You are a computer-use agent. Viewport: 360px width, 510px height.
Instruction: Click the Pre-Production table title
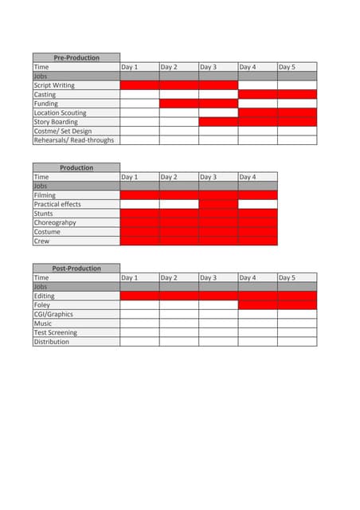click(76, 58)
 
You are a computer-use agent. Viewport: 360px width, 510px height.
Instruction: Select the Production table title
click(76, 168)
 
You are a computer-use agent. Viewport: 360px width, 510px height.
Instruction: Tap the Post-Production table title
click(76, 269)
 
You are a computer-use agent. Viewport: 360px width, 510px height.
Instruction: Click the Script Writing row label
click(54, 85)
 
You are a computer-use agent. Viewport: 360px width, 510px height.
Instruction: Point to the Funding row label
click(45, 104)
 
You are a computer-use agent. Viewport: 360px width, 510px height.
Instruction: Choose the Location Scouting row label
click(60, 113)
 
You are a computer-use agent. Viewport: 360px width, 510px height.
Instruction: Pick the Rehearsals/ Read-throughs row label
click(73, 140)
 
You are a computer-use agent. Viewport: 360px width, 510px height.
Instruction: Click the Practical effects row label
click(57, 205)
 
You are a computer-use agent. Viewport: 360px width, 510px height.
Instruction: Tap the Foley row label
click(41, 305)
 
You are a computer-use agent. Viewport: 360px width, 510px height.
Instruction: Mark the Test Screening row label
click(55, 333)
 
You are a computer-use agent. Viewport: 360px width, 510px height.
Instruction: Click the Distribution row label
click(51, 342)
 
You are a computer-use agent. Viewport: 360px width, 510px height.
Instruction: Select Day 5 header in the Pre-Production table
click(288, 67)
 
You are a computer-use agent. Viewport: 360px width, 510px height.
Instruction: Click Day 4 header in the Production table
click(248, 177)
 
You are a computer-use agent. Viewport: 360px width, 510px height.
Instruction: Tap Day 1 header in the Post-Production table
click(130, 278)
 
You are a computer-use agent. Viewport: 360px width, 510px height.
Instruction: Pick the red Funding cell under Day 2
click(179, 104)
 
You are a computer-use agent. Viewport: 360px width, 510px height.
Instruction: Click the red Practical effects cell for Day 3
click(218, 205)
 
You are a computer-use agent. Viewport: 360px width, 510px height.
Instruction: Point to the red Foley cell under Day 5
click(297, 305)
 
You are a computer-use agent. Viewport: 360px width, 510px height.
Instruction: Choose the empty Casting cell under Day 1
click(139, 95)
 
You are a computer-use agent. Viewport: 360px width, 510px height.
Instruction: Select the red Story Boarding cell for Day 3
click(218, 122)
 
